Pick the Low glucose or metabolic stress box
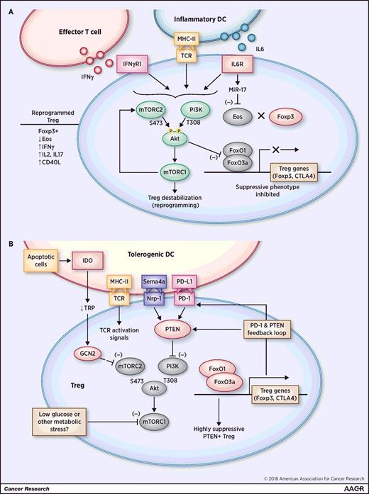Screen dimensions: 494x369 [73, 418]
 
